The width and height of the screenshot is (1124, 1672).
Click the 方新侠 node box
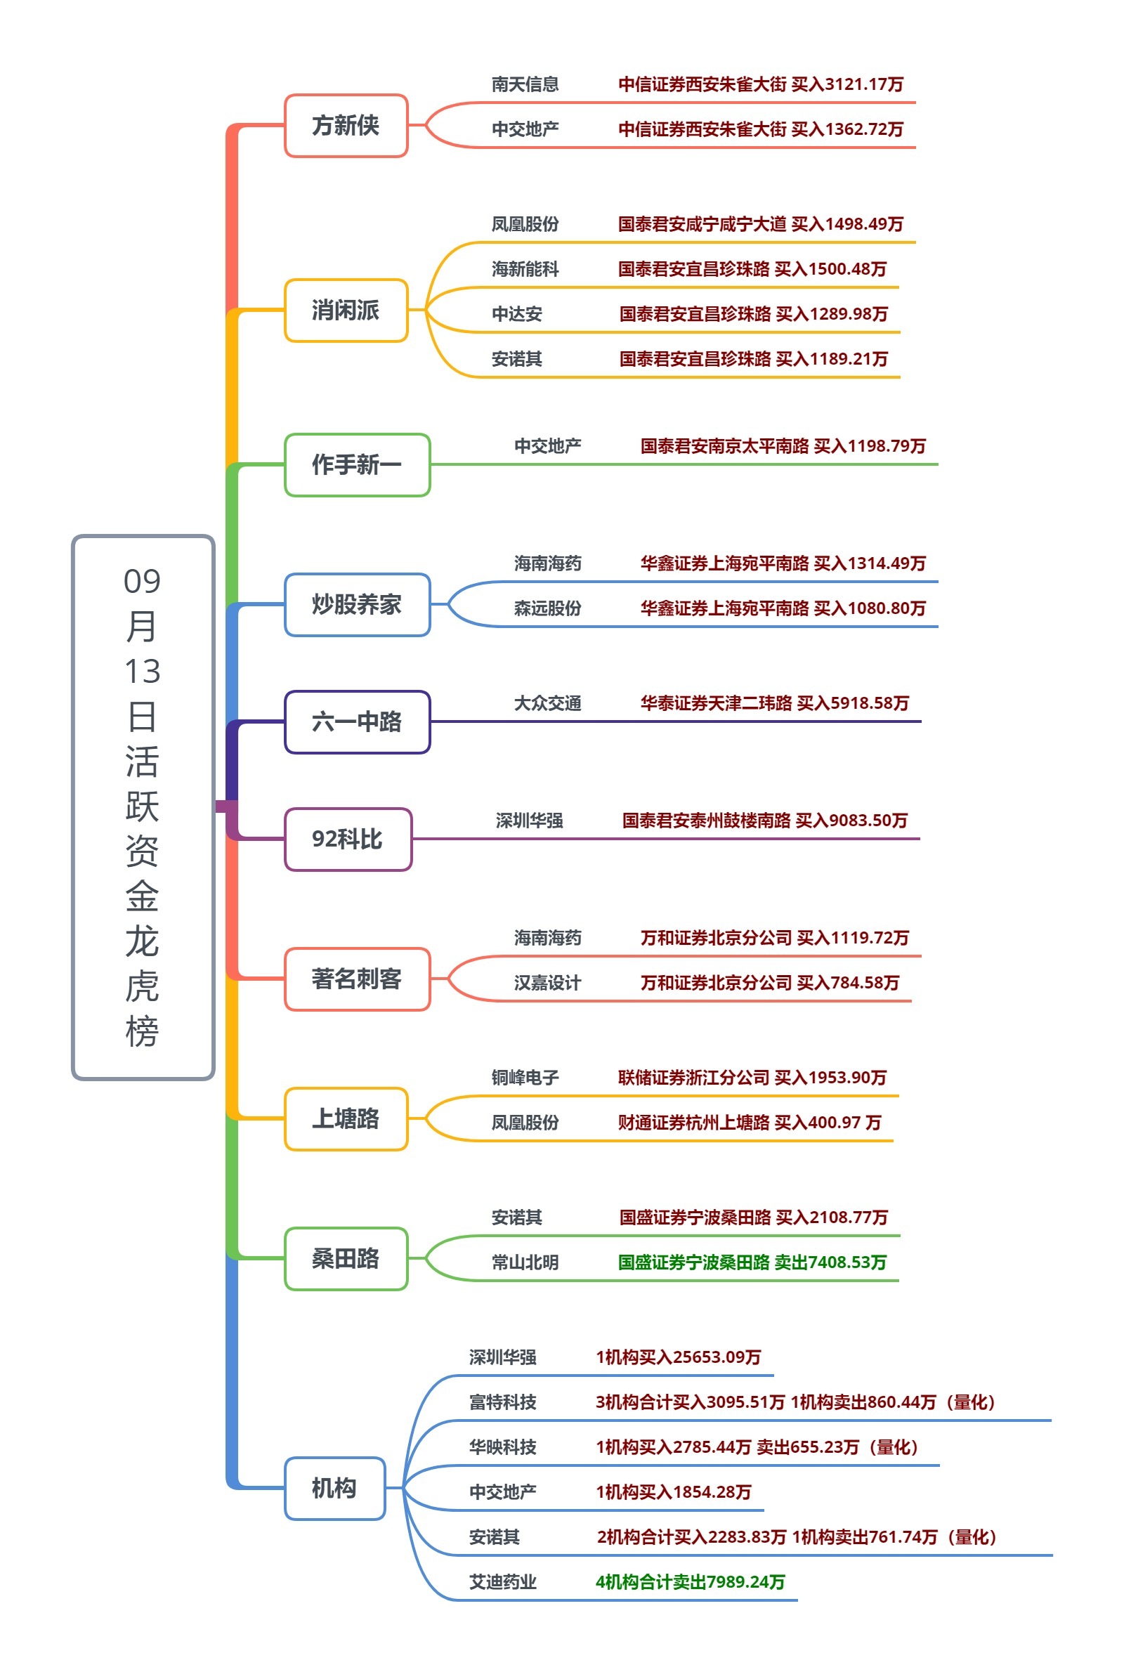pyautogui.click(x=346, y=126)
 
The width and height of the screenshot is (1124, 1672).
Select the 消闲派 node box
pyautogui.click(x=346, y=311)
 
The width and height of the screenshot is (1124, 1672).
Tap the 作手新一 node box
pyautogui.click(x=357, y=464)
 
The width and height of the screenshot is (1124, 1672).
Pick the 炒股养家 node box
pyautogui.click(x=357, y=604)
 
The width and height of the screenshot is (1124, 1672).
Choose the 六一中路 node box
pyautogui.click(x=357, y=721)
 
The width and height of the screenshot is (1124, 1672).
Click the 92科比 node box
pyautogui.click(x=348, y=840)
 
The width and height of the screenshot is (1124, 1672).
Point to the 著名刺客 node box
pyautogui.click(x=357, y=979)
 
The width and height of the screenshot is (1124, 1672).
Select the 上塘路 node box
pyautogui.click(x=346, y=1118)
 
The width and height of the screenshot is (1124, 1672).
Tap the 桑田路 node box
pyautogui.click(x=346, y=1258)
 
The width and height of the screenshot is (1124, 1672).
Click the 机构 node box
pyautogui.click(x=334, y=1489)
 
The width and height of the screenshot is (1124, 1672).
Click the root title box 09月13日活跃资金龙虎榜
pyautogui.click(x=143, y=807)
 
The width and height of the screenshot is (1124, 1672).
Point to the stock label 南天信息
pyautogui.click(x=525, y=84)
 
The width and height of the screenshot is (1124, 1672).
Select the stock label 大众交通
pyautogui.click(x=547, y=703)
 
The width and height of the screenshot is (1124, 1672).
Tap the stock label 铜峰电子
pyautogui.click(x=525, y=1077)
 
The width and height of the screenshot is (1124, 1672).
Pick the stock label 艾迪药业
pyautogui.click(x=502, y=1581)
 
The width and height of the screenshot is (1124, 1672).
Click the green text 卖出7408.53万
pyautogui.click(x=830, y=1262)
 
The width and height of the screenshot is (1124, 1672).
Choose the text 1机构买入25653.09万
pyautogui.click(x=678, y=1357)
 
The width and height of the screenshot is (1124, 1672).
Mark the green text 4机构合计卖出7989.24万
pyautogui.click(x=691, y=1581)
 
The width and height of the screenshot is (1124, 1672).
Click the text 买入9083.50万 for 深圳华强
pyautogui.click(x=851, y=821)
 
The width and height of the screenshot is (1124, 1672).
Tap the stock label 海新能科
pyautogui.click(x=525, y=269)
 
